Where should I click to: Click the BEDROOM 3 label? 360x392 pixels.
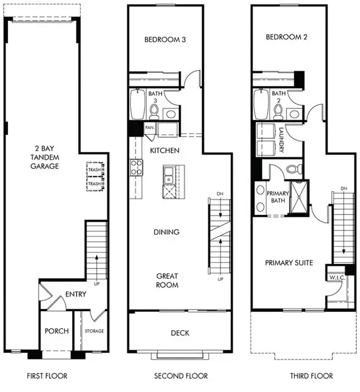(165, 39)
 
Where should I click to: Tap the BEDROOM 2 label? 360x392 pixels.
(287, 37)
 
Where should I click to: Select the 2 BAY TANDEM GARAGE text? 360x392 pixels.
(45, 157)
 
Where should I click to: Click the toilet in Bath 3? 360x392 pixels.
(154, 111)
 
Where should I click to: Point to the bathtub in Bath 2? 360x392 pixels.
(261, 104)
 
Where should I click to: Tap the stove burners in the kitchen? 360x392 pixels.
(136, 167)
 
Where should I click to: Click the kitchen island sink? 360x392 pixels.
(168, 175)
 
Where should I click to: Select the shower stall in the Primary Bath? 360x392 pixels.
(299, 197)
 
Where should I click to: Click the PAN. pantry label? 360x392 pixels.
(149, 127)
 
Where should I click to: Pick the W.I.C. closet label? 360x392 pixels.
(337, 277)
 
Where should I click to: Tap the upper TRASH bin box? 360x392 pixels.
(95, 170)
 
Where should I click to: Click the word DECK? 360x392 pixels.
(180, 333)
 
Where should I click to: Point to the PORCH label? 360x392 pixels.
(57, 331)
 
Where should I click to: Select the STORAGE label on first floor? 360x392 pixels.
(94, 331)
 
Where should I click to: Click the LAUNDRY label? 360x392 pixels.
(281, 140)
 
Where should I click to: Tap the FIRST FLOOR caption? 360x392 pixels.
(47, 375)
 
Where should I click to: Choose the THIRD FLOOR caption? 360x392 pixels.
(311, 375)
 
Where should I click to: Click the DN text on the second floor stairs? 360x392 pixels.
(220, 194)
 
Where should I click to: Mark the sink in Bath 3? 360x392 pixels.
(171, 114)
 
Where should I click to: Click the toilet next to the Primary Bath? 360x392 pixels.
(294, 169)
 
